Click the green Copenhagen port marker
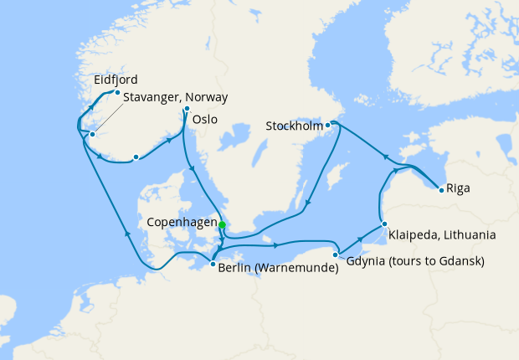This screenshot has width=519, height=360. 222,224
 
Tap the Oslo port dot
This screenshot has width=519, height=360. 187,109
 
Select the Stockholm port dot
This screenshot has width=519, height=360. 328,125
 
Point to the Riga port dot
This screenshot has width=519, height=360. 441,190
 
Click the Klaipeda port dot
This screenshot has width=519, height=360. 383,224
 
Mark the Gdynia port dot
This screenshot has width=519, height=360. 336,255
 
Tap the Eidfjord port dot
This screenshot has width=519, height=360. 117,92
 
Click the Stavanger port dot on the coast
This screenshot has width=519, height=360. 93,135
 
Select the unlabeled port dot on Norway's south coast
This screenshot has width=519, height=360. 135,157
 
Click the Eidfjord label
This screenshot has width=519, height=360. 115,80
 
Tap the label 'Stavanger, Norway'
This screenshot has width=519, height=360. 175,98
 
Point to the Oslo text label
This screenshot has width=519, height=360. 205,120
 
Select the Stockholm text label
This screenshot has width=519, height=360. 294,126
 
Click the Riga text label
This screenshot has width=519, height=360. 458,188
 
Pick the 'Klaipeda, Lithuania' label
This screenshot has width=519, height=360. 441,235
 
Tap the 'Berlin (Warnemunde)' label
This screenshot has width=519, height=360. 277,269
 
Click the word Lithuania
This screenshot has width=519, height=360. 469,235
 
